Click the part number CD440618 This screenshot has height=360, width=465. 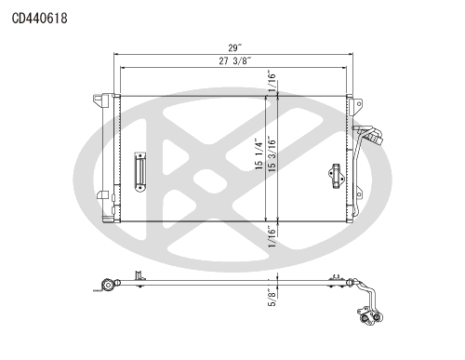40,19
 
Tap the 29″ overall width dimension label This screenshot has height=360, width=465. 234,47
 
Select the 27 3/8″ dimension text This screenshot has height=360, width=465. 234,60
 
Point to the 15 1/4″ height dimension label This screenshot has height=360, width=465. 259,153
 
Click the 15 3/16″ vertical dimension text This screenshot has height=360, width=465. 272,154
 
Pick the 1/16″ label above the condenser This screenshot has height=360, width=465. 272,83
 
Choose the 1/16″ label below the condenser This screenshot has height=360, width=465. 272,236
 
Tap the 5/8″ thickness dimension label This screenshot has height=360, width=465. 272,297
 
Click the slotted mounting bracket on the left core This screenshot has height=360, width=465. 140,172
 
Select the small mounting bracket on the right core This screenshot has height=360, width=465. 337,176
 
